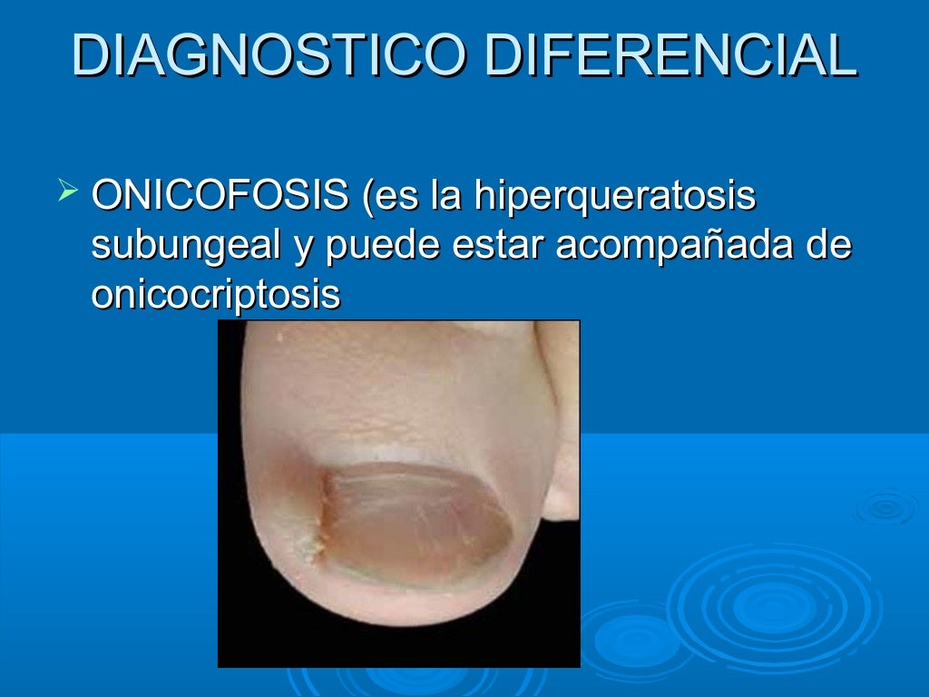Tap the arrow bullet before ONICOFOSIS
(x=65, y=191)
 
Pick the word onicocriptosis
(x=216, y=295)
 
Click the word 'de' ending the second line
(x=829, y=246)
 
